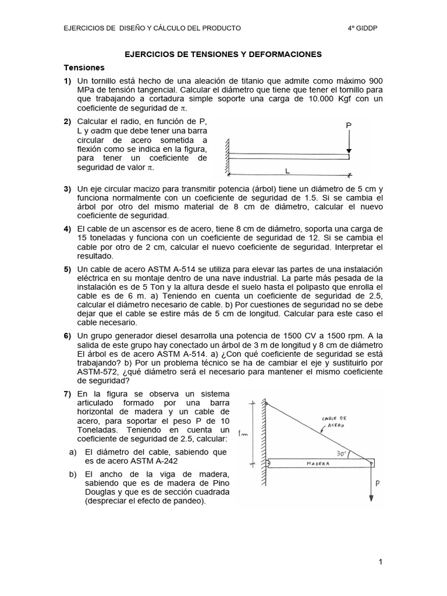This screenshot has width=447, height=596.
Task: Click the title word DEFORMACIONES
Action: pyautogui.click(x=286, y=54)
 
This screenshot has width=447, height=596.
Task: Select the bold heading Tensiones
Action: pyautogui.click(x=84, y=68)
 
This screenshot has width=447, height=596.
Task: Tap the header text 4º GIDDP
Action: pyautogui.click(x=363, y=27)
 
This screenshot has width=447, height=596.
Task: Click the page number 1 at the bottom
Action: pyautogui.click(x=379, y=562)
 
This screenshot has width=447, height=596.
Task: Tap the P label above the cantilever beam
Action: pyautogui.click(x=348, y=125)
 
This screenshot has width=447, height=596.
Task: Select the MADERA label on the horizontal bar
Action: pyautogui.click(x=318, y=464)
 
